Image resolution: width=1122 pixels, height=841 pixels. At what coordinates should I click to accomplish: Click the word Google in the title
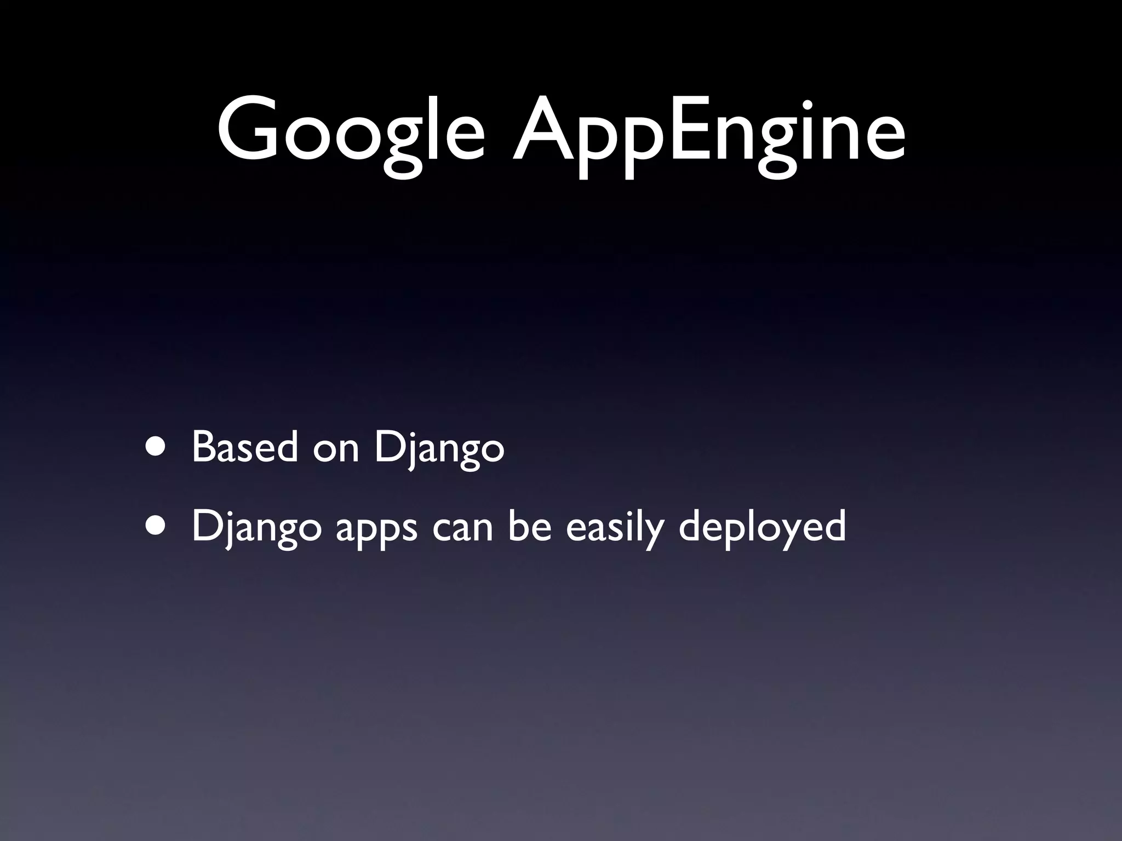tap(351, 131)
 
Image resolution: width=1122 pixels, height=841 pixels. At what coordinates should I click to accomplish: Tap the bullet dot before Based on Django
tap(157, 447)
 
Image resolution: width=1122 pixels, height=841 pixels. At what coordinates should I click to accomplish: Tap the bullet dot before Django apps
tap(157, 526)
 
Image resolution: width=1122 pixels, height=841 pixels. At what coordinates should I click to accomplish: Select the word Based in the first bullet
tap(245, 447)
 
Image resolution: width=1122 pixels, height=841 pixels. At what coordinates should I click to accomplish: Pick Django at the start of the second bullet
tap(256, 529)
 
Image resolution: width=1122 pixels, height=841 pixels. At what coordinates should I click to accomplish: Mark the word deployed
tap(762, 528)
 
